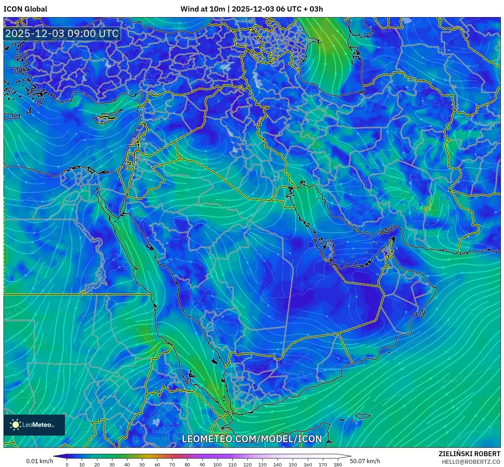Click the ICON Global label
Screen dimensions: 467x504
(25, 9)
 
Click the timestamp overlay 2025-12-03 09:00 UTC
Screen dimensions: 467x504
(62, 34)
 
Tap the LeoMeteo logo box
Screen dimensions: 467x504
(34, 425)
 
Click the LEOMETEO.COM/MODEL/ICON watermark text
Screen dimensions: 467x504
(252, 439)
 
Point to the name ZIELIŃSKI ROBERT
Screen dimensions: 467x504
(469, 454)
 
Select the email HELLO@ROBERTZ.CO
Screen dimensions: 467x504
(471, 462)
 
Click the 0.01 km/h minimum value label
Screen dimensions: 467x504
(39, 461)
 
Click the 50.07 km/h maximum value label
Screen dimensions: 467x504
(365, 461)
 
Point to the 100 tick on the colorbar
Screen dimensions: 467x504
(217, 464)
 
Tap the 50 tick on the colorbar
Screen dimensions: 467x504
(142, 464)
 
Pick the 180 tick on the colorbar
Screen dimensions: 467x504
(338, 464)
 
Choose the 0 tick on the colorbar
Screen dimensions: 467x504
(67, 464)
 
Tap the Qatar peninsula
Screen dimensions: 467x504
(329, 249)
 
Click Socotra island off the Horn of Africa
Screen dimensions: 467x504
(363, 416)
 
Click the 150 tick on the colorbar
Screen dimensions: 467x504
(292, 464)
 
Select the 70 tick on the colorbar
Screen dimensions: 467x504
(172, 464)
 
